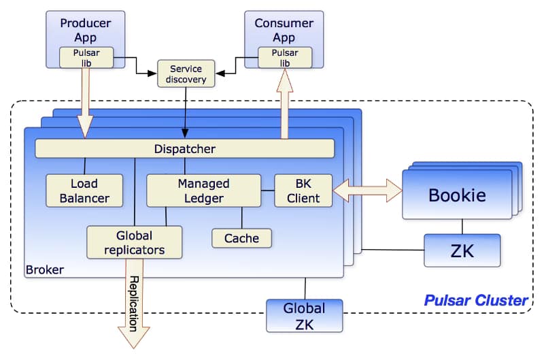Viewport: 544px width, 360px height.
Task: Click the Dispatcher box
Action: pyautogui.click(x=184, y=148)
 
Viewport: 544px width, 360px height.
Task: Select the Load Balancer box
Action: pyautogui.click(x=84, y=191)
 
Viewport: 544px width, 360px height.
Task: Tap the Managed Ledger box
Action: pyautogui.click(x=203, y=191)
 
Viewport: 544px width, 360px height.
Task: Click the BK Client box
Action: pyautogui.click(x=303, y=191)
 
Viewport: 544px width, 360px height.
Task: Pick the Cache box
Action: pyautogui.click(x=241, y=238)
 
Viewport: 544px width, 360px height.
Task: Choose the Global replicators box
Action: pyautogui.click(x=135, y=242)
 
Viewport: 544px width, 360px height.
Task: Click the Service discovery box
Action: pyautogui.click(x=186, y=73)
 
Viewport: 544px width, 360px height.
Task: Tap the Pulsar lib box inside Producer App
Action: pyautogui.click(x=86, y=57)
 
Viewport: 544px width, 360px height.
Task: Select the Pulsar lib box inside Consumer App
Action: pyautogui.click(x=285, y=57)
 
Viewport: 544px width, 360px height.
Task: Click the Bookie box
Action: pyautogui.click(x=456, y=195)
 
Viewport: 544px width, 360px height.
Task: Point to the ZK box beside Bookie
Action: pyautogui.click(x=462, y=250)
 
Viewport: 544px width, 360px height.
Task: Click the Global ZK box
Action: pyautogui.click(x=304, y=315)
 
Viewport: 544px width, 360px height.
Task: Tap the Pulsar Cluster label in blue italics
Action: pyautogui.click(x=475, y=299)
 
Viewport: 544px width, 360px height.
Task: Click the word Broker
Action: pyautogui.click(x=45, y=270)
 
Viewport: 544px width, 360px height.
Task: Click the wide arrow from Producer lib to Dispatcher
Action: pyautogui.click(x=86, y=102)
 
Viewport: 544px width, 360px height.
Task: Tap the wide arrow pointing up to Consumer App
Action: pyautogui.click(x=284, y=102)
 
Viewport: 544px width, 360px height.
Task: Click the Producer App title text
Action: pyautogui.click(x=86, y=31)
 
